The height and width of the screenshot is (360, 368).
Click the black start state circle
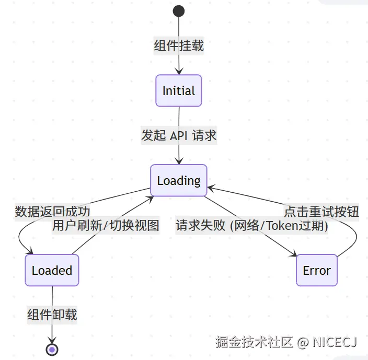tap(179, 11)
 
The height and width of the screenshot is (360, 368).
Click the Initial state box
tap(179, 91)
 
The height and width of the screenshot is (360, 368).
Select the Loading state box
tap(179, 181)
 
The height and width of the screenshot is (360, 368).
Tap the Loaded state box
tap(52, 270)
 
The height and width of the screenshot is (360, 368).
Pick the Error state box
tap(317, 271)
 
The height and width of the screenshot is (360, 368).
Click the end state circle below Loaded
tap(52, 349)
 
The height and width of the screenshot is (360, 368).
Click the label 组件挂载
tap(179, 46)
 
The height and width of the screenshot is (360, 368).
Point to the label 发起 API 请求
tap(179, 136)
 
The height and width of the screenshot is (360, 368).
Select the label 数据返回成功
tap(52, 212)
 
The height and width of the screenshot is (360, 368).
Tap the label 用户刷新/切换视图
tap(106, 226)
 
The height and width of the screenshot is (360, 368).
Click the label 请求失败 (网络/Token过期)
tap(252, 226)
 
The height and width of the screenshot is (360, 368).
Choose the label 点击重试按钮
tap(321, 212)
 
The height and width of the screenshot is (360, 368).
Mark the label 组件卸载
tap(52, 315)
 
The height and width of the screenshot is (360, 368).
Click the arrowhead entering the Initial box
tap(179, 72)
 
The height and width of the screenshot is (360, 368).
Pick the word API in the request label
tap(179, 136)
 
